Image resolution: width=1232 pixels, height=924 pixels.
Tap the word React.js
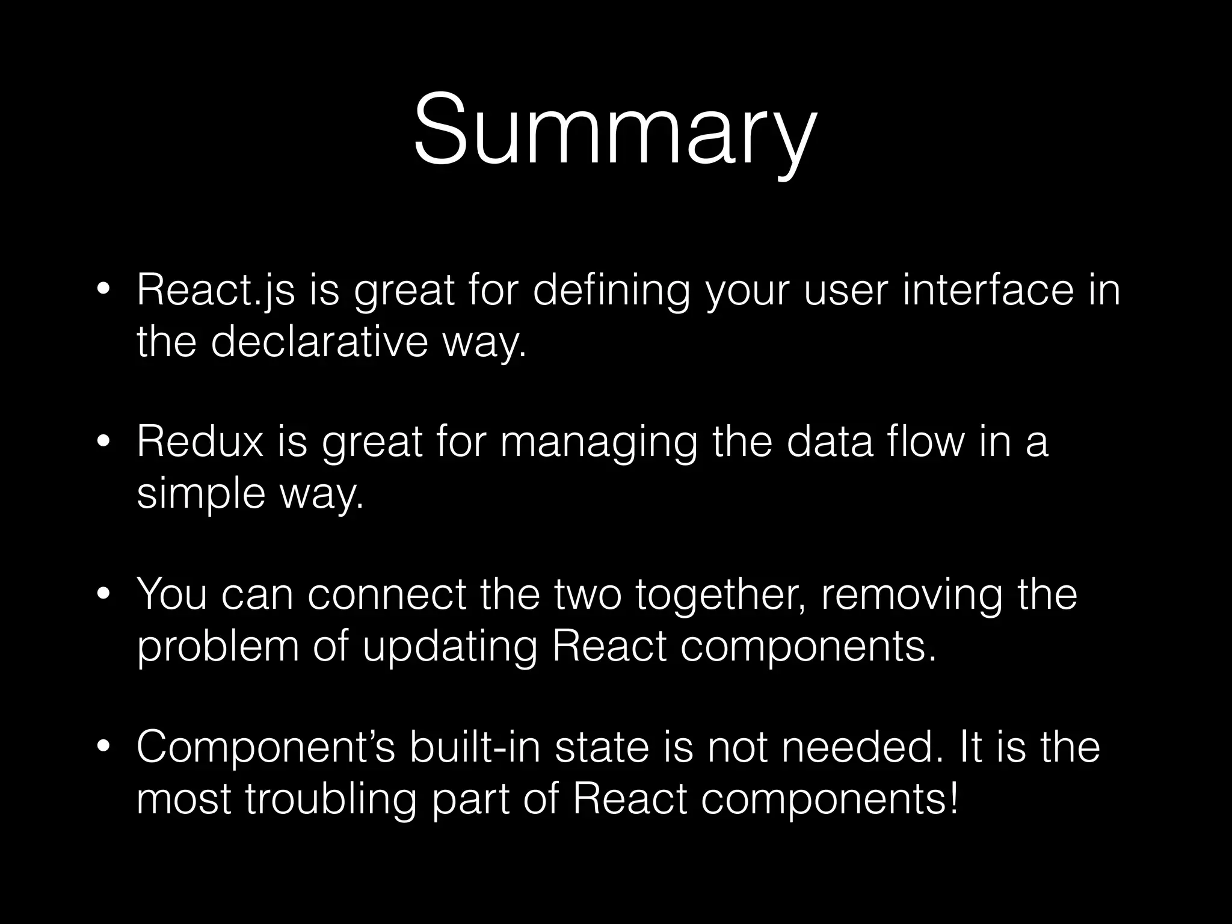pos(215,290)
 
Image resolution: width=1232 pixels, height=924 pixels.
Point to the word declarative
pos(319,342)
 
